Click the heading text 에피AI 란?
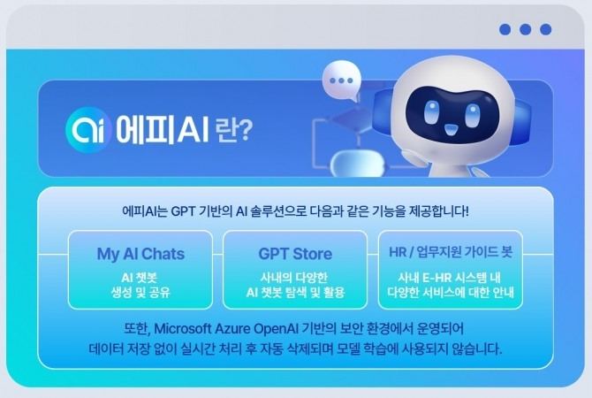click(x=183, y=130)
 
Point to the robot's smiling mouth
click(x=450, y=130)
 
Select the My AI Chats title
click(x=140, y=254)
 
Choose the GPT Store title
click(x=295, y=254)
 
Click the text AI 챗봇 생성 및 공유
click(x=140, y=284)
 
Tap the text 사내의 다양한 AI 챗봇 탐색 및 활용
click(x=295, y=284)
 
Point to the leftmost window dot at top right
click(x=505, y=29)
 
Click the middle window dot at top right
click(x=525, y=29)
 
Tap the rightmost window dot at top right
click(x=545, y=29)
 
